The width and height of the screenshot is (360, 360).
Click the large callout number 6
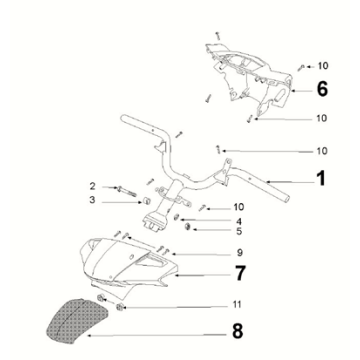322,89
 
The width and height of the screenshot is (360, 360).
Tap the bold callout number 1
320,178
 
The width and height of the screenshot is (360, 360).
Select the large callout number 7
240,273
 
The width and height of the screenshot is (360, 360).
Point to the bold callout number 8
237,330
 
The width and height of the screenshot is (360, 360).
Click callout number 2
92,186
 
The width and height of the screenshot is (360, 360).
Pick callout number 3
92,200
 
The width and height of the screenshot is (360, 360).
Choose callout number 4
239,221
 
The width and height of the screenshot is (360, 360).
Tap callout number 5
239,231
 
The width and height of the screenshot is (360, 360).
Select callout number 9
239,253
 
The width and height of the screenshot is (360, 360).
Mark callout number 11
236,304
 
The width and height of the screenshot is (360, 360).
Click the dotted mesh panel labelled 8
77,320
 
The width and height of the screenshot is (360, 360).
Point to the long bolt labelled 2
126,191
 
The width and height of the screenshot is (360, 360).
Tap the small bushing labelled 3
145,201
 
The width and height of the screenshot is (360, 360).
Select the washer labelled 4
177,217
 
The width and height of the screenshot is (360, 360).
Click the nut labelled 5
188,227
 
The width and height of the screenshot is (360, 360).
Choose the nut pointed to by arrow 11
120,307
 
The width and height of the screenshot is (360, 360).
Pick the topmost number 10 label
322,66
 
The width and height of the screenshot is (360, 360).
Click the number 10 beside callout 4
239,207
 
